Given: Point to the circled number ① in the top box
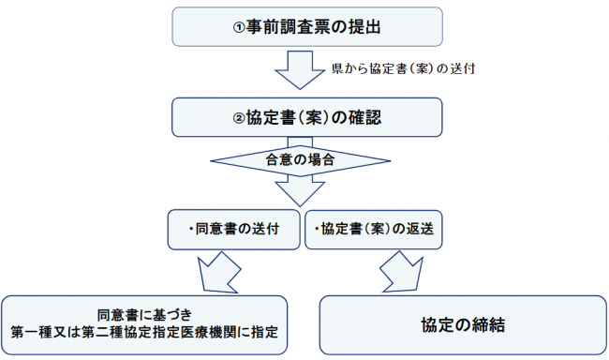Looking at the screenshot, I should [x=239, y=28].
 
